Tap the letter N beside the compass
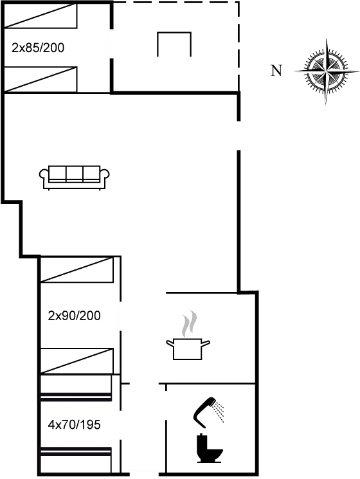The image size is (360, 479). click(276, 71)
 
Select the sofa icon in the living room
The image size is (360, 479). click(75, 174)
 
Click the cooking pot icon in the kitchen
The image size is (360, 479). click(187, 347)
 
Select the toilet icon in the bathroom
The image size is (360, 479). click(208, 445)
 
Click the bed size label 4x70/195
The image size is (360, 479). click(73, 425)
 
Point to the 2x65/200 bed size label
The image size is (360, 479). click(38, 48)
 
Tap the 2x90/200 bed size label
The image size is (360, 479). click(74, 315)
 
